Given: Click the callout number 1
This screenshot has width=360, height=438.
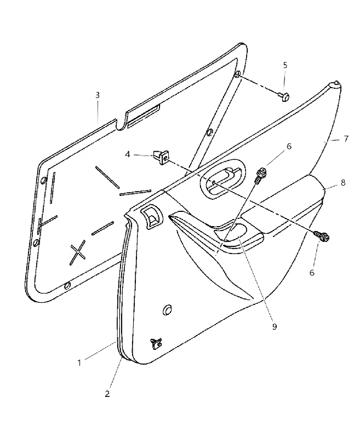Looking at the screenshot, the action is [79, 363].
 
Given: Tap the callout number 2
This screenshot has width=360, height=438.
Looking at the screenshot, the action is [107, 394].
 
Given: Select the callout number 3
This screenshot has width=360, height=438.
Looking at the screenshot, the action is [98, 95].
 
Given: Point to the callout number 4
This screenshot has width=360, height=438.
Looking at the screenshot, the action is [128, 154].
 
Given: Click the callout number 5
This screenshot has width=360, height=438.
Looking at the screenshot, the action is [285, 65].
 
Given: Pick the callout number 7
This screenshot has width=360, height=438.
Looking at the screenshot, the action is [346, 139].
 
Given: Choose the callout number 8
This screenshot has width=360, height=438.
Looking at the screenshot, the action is [342, 183].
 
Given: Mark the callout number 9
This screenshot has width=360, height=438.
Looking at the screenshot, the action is [274, 326].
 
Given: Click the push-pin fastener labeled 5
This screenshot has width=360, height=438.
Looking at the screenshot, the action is [284, 97].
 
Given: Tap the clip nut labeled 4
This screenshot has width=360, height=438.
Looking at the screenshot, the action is [161, 157].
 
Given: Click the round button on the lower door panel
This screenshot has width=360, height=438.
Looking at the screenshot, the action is [167, 310].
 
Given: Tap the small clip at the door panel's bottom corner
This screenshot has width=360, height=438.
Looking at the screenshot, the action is [156, 343].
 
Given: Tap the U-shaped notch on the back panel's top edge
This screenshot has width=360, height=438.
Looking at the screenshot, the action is [122, 123].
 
